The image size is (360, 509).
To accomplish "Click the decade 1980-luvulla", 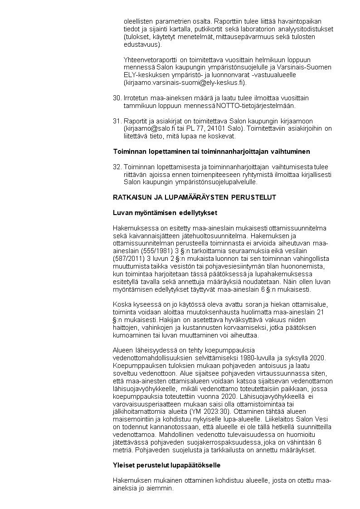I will pos(252,357).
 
